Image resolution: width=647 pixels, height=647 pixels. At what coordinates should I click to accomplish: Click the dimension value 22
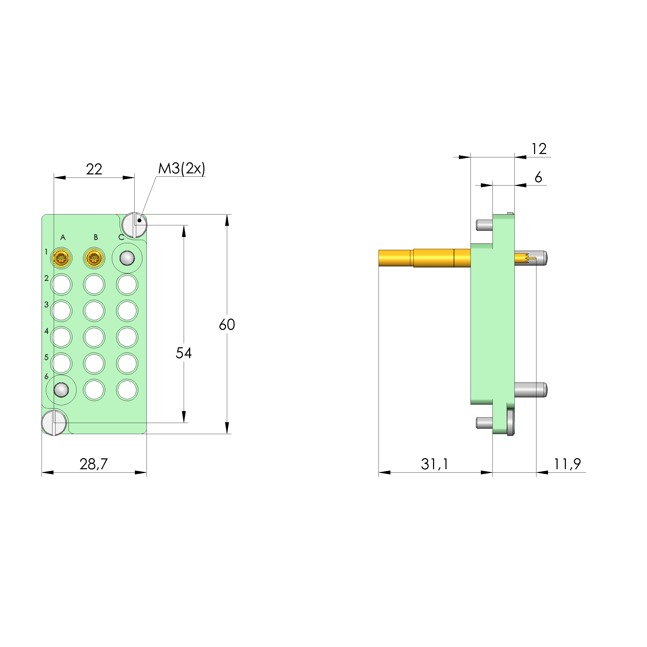coord(94,169)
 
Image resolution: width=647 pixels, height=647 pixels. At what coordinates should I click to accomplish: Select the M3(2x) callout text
coord(181,168)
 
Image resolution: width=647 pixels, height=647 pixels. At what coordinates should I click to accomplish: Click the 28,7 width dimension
coord(94,464)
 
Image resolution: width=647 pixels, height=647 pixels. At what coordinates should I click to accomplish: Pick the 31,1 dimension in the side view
coord(434,464)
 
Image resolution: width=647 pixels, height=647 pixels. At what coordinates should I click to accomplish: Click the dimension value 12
coord(539,149)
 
